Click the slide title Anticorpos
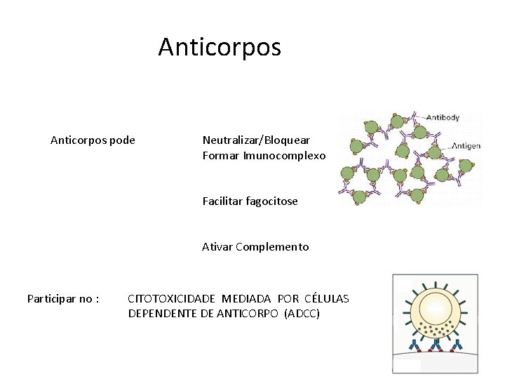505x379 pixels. click(220, 47)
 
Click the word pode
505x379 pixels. click(123, 140)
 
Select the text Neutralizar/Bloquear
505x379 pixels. click(256, 140)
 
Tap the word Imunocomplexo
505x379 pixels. click(284, 155)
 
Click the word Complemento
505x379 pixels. click(272, 246)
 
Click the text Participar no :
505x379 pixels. click(62, 299)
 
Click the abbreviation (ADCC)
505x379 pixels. click(302, 313)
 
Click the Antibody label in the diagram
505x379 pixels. click(443, 117)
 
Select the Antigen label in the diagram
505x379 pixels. click(466, 146)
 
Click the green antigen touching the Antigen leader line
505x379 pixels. click(435, 152)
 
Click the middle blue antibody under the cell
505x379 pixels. click(436, 344)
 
